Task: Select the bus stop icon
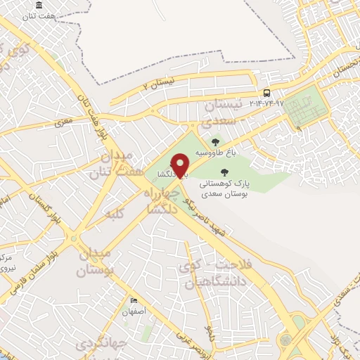pyautogui.click(x=266, y=93)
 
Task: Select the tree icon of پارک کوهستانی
pyautogui.click(x=224, y=172)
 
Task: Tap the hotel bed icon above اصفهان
pyautogui.click(x=134, y=301)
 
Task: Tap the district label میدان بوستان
pyautogui.click(x=92, y=262)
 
